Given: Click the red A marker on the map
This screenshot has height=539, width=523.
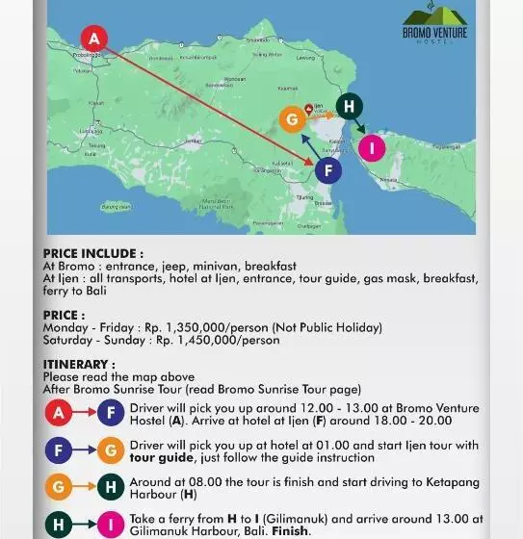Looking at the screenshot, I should [93, 38].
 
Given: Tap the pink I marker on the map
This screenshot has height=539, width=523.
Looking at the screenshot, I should [372, 147].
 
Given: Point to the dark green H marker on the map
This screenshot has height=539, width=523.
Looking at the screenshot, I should [349, 106].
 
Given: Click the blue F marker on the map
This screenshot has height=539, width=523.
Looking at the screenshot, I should [328, 171].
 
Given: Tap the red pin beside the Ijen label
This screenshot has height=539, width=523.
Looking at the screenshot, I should [308, 109].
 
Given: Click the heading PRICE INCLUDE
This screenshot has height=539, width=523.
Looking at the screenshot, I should [92, 254].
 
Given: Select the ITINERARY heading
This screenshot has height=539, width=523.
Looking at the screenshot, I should [79, 365].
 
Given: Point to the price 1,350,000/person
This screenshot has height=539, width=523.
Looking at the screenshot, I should [203, 327].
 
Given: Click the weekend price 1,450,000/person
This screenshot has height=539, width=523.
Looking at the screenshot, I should [218, 340].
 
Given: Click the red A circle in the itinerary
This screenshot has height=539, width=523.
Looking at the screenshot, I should [59, 414].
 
